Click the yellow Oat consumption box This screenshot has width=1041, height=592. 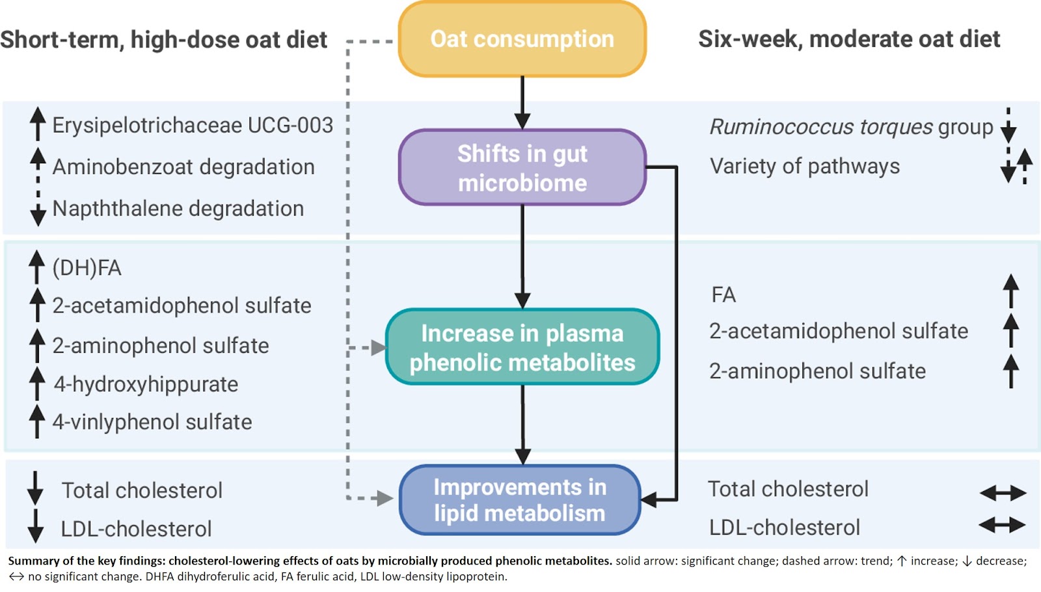click(x=522, y=39)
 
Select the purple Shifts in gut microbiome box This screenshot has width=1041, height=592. click(x=522, y=167)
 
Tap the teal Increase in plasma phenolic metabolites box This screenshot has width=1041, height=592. click(x=522, y=347)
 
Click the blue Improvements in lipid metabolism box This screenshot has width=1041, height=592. click(x=520, y=500)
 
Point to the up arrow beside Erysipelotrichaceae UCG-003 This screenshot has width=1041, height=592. click(x=38, y=124)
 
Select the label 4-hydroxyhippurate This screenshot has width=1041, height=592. click(x=146, y=384)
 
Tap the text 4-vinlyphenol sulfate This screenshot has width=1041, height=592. click(x=152, y=422)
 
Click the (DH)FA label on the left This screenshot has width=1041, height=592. click(x=87, y=268)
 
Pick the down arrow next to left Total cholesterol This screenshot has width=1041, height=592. click(x=35, y=488)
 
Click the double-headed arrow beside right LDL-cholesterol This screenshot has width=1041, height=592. click(x=1002, y=525)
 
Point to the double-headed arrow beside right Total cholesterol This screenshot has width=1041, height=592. click(x=1003, y=493)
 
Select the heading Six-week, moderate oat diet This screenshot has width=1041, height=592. click(x=849, y=39)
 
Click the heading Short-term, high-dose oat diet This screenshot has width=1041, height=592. click(x=163, y=40)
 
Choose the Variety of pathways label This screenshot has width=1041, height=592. click(x=805, y=166)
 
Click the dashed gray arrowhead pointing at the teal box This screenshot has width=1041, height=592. click(x=378, y=348)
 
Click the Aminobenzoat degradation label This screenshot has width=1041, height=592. click(x=183, y=167)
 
